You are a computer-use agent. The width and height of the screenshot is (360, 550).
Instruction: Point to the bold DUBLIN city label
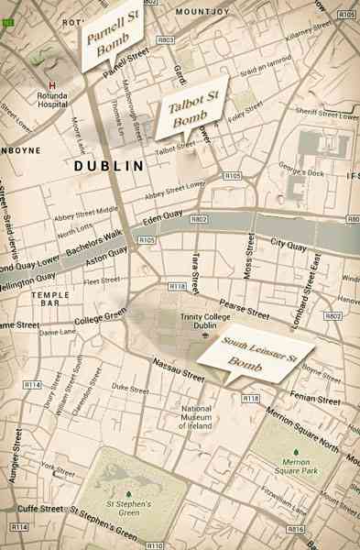[x=109, y=167]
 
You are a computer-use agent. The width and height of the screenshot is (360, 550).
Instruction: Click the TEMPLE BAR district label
[x=50, y=300]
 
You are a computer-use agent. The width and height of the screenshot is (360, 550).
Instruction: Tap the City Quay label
[x=286, y=244]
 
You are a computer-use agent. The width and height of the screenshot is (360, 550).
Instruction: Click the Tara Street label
[x=195, y=260]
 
